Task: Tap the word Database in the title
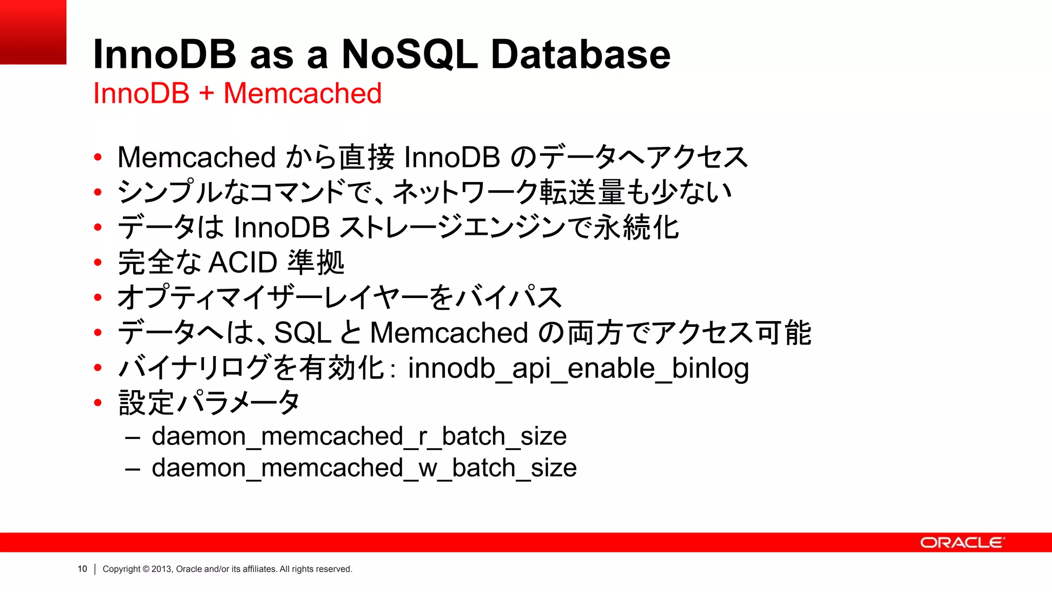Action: (580, 54)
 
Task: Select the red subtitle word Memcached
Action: (303, 94)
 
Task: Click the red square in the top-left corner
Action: (33, 32)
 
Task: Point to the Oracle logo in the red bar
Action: (962, 543)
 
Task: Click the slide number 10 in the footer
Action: (82, 569)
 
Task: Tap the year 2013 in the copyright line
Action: (162, 569)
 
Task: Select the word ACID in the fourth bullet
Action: (243, 263)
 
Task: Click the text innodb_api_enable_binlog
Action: (578, 368)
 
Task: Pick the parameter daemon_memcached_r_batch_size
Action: (359, 436)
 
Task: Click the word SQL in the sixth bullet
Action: (303, 333)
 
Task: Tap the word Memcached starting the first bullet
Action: (197, 157)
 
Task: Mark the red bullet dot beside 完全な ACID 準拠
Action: (98, 263)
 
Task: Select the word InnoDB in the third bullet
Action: (281, 228)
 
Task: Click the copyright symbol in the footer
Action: (146, 569)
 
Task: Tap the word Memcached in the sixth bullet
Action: (449, 333)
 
